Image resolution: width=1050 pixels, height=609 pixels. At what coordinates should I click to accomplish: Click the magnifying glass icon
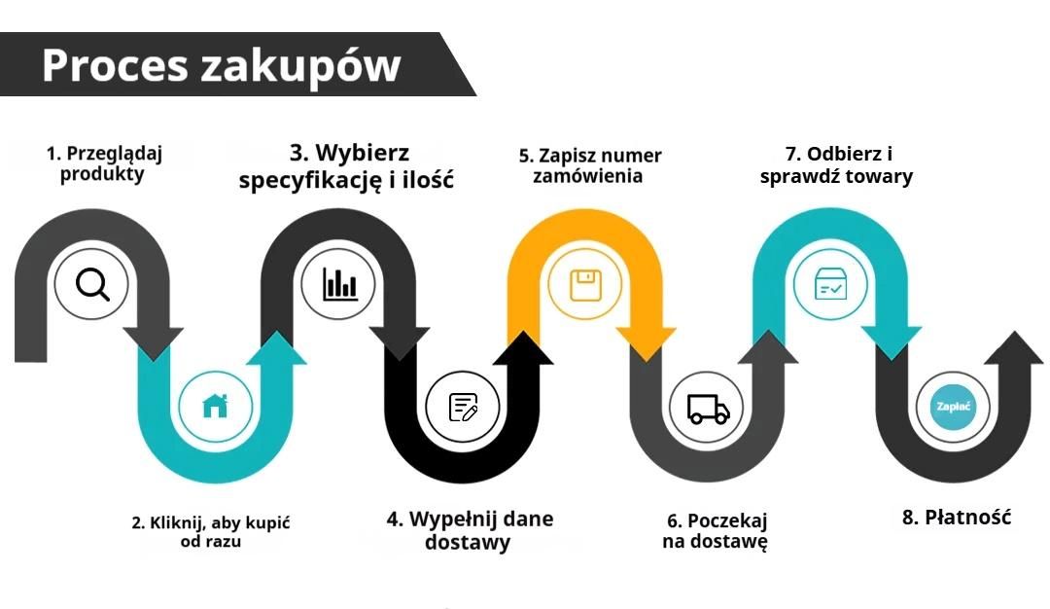(91, 284)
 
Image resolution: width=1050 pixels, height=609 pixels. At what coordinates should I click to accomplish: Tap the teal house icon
(215, 406)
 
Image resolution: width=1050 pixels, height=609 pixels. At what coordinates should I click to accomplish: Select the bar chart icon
(339, 284)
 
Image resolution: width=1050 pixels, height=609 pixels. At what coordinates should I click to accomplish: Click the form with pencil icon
(463, 407)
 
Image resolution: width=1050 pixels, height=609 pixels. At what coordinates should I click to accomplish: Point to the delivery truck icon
(707, 408)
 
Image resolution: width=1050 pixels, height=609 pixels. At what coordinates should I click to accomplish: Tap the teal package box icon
(831, 284)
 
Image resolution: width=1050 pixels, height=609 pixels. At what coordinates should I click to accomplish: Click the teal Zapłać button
(953, 407)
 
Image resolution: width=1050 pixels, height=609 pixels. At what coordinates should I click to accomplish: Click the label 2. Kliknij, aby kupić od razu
(211, 532)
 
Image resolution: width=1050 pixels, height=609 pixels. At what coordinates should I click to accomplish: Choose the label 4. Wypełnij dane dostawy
(469, 530)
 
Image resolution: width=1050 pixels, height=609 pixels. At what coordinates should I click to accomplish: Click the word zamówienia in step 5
(587, 176)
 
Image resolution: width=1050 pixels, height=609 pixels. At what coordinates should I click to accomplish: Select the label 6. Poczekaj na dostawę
(716, 531)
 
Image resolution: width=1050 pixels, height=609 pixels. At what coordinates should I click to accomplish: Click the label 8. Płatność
(956, 517)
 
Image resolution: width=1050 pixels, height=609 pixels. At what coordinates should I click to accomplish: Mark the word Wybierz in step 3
(362, 153)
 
